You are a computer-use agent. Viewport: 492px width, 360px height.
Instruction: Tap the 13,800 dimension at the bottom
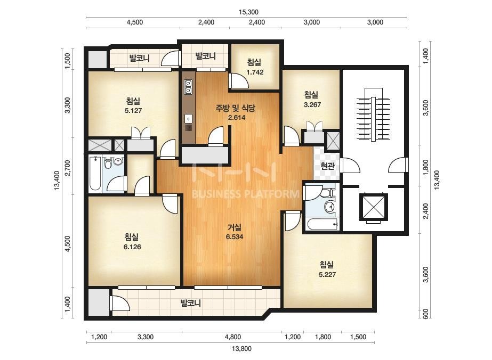click(x=241, y=348)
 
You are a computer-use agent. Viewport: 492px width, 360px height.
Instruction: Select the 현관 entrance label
click(x=328, y=166)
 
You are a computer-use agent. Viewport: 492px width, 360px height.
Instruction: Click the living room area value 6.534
click(x=235, y=237)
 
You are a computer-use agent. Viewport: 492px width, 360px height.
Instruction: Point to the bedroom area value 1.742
click(x=255, y=72)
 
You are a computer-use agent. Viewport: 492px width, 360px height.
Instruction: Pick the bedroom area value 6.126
click(x=132, y=247)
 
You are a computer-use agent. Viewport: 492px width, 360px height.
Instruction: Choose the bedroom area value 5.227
click(x=327, y=275)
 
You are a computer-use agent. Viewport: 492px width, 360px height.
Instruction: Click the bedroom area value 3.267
click(x=312, y=105)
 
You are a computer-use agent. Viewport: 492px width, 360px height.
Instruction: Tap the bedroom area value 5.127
click(x=133, y=110)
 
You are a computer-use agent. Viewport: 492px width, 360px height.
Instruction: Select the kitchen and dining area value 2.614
click(x=237, y=118)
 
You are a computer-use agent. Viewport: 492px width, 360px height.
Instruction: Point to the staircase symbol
click(x=373, y=115)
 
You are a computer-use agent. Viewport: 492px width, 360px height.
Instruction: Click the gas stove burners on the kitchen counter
click(x=188, y=87)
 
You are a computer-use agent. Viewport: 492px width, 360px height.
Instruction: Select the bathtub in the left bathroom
click(x=95, y=174)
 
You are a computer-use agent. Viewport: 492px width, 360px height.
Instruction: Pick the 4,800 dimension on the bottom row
click(x=233, y=337)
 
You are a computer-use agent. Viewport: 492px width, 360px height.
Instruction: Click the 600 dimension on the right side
click(x=425, y=314)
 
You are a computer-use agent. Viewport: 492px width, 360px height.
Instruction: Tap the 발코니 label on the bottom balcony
click(x=190, y=303)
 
